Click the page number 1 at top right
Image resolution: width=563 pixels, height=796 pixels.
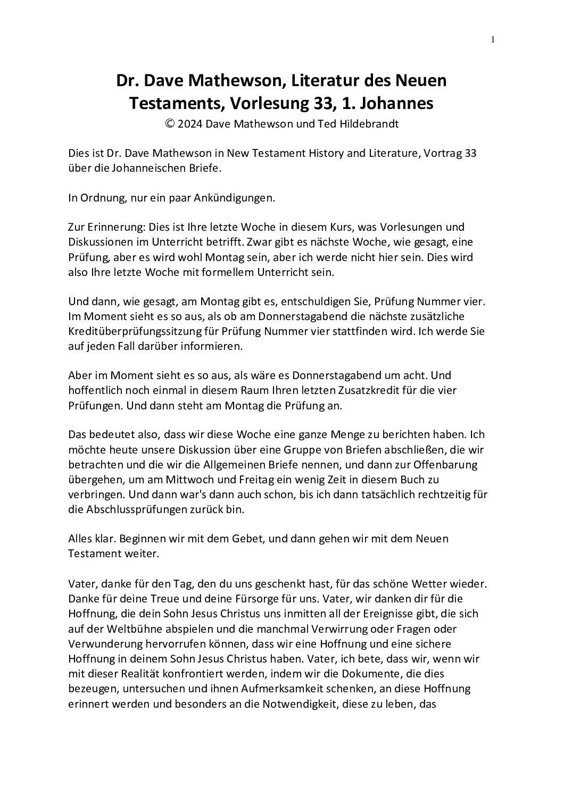tap(493, 39)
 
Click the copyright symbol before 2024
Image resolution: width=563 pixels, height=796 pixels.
tap(170, 124)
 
